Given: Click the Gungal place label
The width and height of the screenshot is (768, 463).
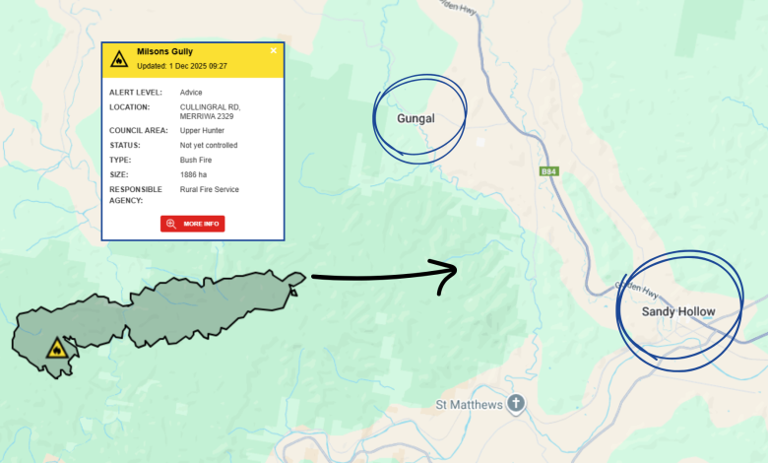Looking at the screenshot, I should pos(416,119).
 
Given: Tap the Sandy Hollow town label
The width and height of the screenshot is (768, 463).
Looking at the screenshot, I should pos(678,311).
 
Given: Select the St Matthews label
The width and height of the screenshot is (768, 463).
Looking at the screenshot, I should pos(470,405).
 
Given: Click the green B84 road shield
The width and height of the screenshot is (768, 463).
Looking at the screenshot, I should pos(548,171).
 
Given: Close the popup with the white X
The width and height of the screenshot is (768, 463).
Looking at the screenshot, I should pos(274,50).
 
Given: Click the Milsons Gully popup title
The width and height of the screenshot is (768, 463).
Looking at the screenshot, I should pos(163,51).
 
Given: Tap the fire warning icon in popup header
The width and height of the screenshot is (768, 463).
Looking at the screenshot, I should pos(119,59).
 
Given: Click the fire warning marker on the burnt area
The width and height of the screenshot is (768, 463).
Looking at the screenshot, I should pos(57,349).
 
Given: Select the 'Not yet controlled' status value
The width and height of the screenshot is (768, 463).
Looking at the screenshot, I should pos(208,145).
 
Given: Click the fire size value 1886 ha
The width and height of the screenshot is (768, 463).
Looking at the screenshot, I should pos(194,174).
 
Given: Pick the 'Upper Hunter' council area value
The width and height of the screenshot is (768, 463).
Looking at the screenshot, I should pos(203,130).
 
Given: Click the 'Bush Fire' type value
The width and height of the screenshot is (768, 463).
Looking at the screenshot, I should pos(197,160).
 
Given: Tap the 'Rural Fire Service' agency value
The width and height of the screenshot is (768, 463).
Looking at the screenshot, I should pos(209,189).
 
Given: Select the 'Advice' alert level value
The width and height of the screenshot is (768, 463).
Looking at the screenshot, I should pos(191,93).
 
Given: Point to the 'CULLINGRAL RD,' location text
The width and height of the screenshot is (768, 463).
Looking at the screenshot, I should pos(210,106).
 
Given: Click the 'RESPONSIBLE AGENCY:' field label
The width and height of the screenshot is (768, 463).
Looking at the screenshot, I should pos(136,194).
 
